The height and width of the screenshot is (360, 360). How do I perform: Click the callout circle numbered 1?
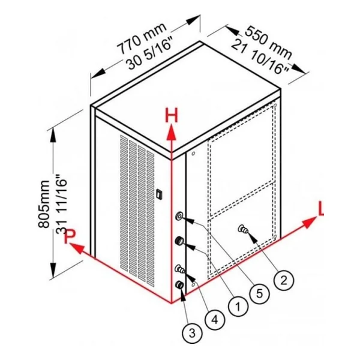(x=238, y=306)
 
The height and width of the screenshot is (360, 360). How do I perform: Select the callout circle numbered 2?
(x=284, y=280)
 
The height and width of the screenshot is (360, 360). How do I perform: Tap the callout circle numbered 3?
(x=192, y=333)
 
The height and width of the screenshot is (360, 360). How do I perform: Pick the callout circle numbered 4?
(x=215, y=320)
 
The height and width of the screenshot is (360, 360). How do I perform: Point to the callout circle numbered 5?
(x=259, y=293)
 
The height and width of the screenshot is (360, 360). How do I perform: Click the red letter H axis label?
(x=172, y=115)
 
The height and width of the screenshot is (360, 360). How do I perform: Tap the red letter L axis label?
(x=321, y=209)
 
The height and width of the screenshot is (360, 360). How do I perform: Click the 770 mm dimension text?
(x=142, y=38)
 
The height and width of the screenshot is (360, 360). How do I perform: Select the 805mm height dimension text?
(x=44, y=204)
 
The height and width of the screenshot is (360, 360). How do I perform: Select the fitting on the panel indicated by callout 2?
(x=243, y=229)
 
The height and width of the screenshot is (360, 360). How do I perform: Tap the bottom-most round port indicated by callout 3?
(x=179, y=285)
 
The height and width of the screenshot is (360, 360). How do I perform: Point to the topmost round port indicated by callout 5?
(x=179, y=216)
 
